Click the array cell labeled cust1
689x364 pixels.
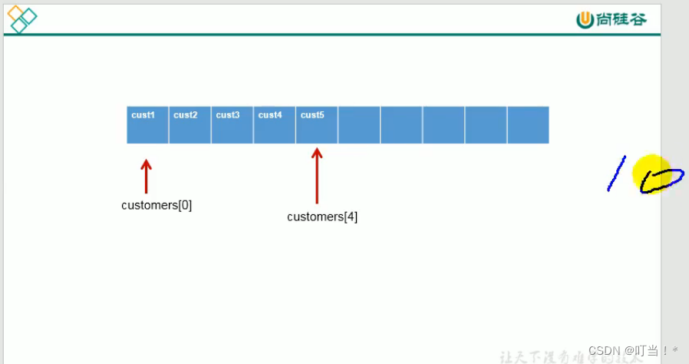(147, 124)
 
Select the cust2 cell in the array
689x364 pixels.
(190, 124)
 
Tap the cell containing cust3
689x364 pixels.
(232, 124)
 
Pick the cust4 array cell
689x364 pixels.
(274, 124)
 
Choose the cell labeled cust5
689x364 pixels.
(316, 124)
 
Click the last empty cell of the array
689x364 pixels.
(528, 124)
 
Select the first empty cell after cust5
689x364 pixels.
(359, 124)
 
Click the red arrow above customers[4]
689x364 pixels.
(316, 175)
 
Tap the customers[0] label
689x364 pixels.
(157, 206)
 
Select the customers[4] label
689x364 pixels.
(322, 217)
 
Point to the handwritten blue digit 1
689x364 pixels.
(616, 174)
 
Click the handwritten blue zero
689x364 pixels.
(661, 180)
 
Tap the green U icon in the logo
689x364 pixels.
(585, 19)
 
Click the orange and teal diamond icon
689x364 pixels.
(21, 19)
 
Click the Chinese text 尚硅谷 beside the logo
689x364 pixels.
(621, 19)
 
